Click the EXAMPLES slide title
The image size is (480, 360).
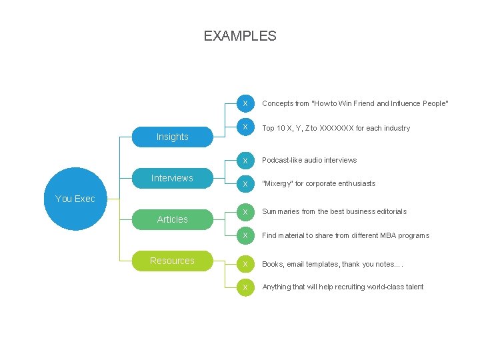tap(240, 36)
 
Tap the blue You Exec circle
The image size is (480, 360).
tap(75, 198)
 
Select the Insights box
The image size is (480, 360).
tap(172, 137)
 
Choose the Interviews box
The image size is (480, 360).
tap(172, 178)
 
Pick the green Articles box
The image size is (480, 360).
tap(172, 219)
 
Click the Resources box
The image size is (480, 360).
tap(172, 261)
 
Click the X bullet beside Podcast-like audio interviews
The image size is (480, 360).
tap(245, 160)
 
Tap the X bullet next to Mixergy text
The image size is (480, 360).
tap(245, 183)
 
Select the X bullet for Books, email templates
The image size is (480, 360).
tap(245, 265)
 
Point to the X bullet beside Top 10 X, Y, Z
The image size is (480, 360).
tap(245, 127)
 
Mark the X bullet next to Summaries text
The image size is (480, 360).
tap(245, 212)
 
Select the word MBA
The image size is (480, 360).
tap(387, 235)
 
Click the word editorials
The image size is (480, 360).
tap(391, 211)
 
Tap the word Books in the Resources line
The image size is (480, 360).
tap(272, 265)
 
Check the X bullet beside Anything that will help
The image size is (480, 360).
tap(245, 287)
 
